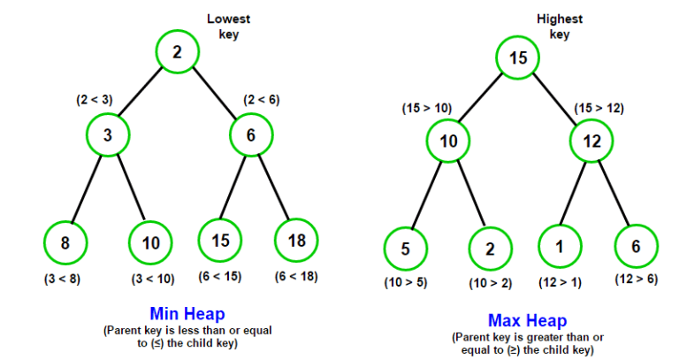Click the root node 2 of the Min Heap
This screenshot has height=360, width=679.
[178, 52]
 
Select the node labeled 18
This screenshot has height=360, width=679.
[296, 241]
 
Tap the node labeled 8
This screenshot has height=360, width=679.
[65, 242]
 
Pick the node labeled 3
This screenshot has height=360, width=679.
[108, 135]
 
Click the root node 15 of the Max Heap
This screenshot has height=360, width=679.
[517, 57]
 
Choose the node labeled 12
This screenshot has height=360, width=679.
[591, 141]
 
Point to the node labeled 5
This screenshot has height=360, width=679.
[405, 249]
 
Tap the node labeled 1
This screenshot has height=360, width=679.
[560, 246]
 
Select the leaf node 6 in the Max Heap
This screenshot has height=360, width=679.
[636, 246]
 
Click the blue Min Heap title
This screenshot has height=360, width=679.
[187, 314]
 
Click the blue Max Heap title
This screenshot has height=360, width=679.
[528, 320]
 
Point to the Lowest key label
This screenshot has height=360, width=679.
[229, 27]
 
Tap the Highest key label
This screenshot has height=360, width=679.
[560, 27]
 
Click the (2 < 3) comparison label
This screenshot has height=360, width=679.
[95, 100]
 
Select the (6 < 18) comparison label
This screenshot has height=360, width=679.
[296, 276]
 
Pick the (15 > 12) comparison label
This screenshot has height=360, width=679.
[599, 108]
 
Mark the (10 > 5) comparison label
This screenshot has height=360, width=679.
[406, 283]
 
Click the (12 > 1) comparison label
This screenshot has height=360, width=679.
[560, 283]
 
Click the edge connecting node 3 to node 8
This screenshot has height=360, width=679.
[86, 189]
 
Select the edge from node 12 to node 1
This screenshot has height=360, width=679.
[573, 193]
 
